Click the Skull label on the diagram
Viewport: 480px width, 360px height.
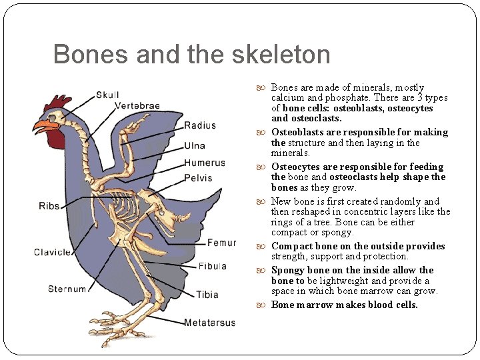(107, 95)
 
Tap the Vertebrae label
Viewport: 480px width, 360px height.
(137, 105)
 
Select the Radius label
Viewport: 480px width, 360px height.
(200, 125)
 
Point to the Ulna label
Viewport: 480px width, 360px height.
(195, 145)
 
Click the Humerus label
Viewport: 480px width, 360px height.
(205, 163)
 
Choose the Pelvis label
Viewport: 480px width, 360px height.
(198, 178)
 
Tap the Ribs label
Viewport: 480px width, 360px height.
(49, 206)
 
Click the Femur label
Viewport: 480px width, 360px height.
(221, 243)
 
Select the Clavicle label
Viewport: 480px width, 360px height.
(52, 252)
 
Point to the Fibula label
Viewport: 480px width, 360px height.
(212, 266)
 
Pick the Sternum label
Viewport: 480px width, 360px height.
(67, 289)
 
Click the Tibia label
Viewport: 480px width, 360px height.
(207, 295)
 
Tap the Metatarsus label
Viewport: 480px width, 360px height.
(209, 323)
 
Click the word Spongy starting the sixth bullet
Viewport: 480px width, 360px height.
(288, 270)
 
